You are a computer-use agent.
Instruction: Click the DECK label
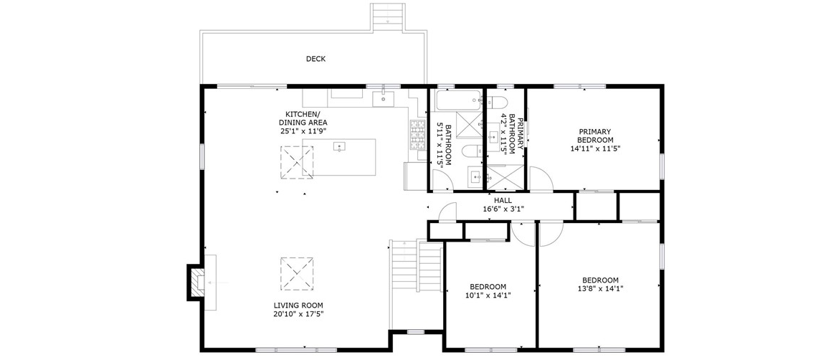click(x=315, y=60)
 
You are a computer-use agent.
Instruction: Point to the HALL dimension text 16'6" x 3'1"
click(x=503, y=209)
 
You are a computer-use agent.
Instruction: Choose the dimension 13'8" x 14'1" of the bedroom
click(x=600, y=289)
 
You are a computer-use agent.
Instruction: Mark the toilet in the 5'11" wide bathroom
click(x=471, y=151)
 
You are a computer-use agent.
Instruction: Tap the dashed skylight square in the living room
click(x=297, y=274)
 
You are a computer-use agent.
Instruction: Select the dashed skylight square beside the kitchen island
click(x=297, y=163)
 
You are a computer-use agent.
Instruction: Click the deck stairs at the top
click(x=388, y=16)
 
